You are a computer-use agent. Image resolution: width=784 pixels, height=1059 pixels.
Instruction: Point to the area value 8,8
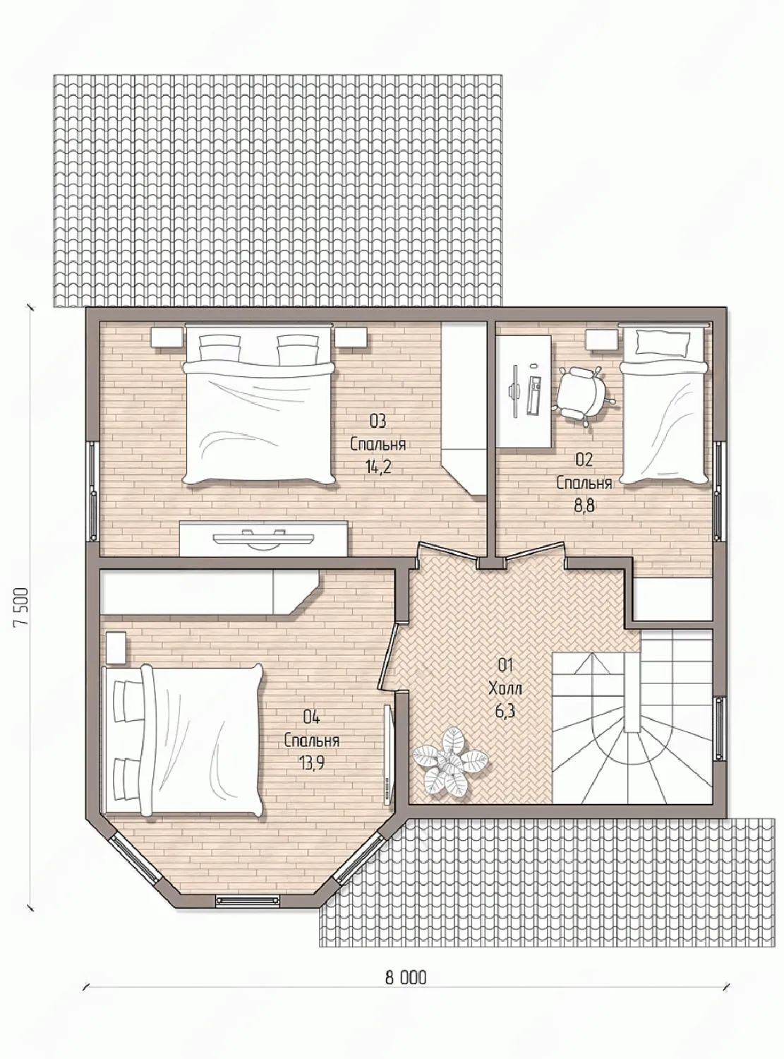(x=584, y=505)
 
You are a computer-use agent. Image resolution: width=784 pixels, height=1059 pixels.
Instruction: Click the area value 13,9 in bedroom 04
(x=312, y=763)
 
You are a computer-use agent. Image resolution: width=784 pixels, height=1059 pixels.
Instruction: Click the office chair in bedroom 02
(x=583, y=388)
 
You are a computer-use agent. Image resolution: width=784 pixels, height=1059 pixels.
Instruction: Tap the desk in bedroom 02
(x=524, y=391)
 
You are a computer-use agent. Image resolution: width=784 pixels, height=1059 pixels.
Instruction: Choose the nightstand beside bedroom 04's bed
(x=116, y=647)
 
